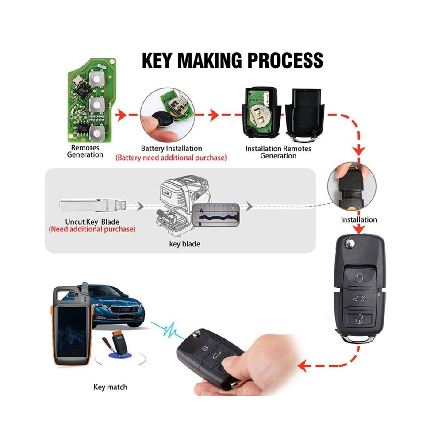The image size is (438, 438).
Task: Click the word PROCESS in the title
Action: pyautogui.click(x=285, y=60)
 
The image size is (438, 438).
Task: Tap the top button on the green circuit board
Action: pyautogui.click(x=96, y=78)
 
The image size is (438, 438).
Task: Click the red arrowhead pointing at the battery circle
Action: pyautogui.click(x=121, y=115)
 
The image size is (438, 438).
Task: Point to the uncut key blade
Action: pyautogui.click(x=93, y=206)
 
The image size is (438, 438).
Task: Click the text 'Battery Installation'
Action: pyautogui.click(x=171, y=148)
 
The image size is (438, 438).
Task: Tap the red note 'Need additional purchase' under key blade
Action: pyautogui.click(x=92, y=229)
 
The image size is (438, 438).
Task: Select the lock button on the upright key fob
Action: pyautogui.click(x=360, y=277)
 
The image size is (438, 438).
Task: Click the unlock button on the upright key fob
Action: pyautogui.click(x=359, y=319)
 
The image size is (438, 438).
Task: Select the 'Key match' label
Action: pyautogui.click(x=110, y=387)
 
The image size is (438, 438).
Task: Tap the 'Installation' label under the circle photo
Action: pyautogui.click(x=359, y=219)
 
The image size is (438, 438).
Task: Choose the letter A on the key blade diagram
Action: pyautogui.click(x=201, y=211)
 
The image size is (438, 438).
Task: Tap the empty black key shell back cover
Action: pyautogui.click(x=305, y=115)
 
